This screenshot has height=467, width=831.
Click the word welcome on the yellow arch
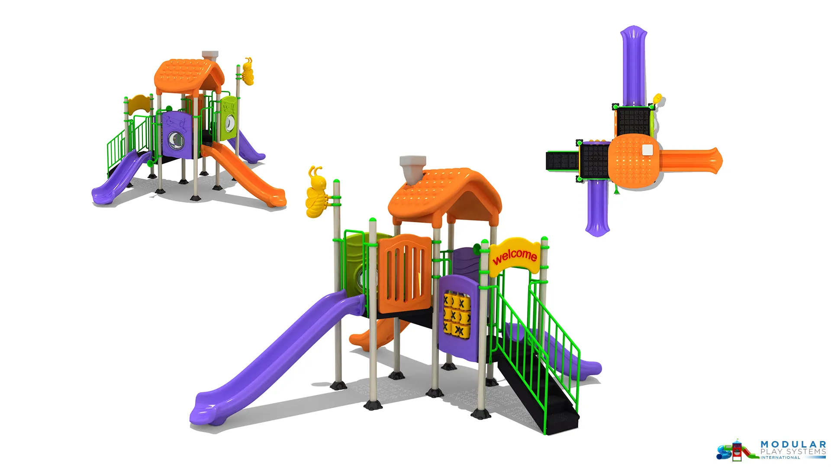[515, 256]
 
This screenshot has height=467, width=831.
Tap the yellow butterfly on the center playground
[318, 192]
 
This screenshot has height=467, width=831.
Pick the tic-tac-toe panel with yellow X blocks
[457, 314]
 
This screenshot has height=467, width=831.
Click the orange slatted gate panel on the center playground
[405, 274]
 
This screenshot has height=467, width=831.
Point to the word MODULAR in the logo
[793, 445]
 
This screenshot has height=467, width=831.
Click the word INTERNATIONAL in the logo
[780, 457]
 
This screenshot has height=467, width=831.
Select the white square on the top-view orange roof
[647, 150]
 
